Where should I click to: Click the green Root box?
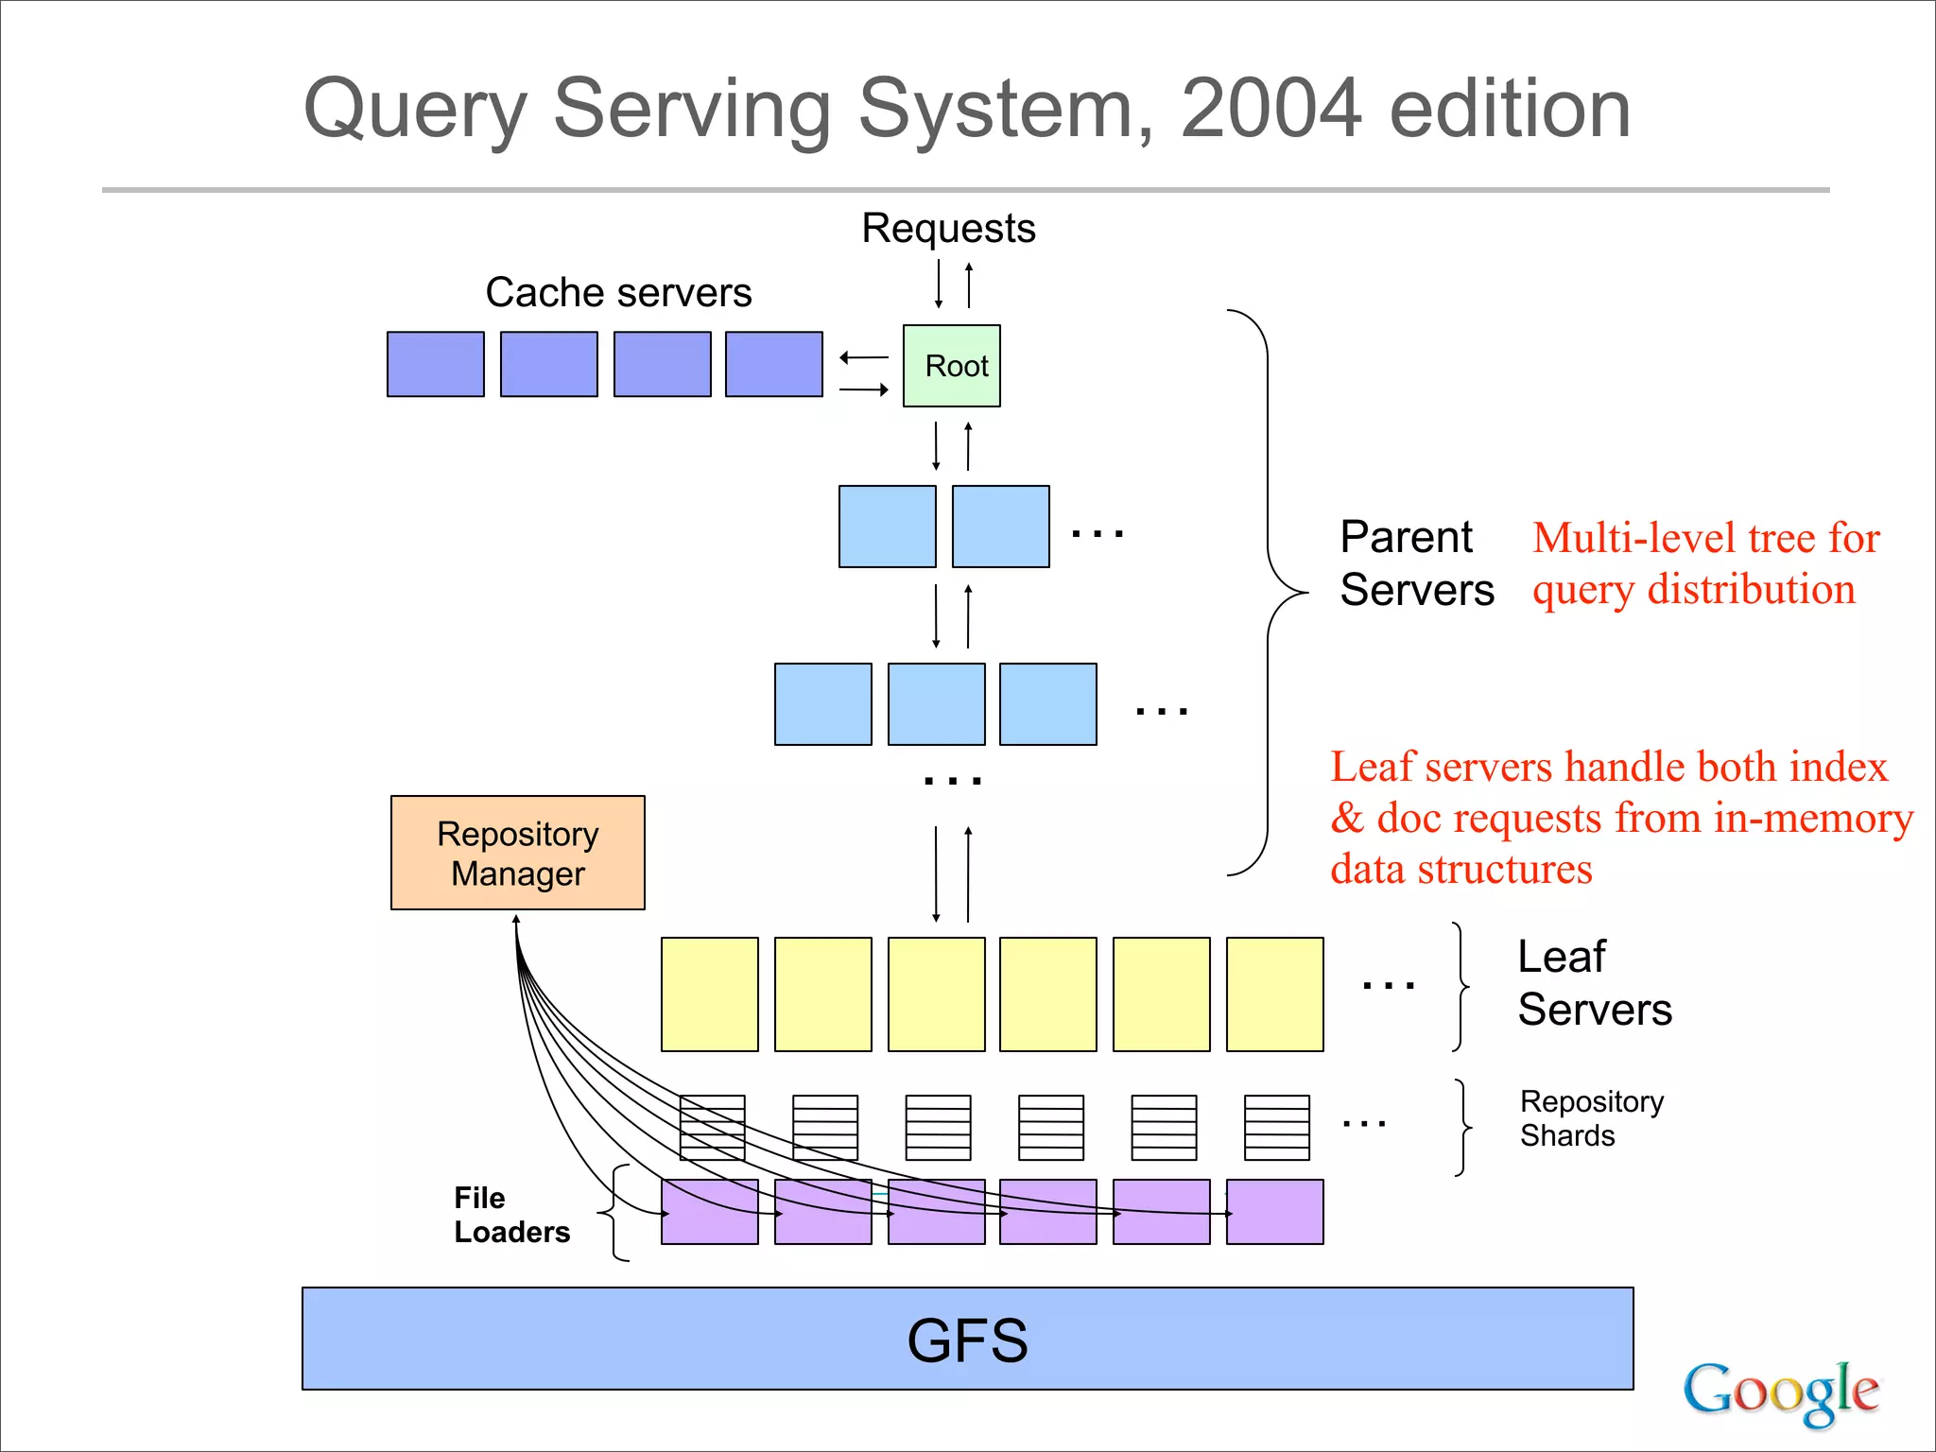tap(951, 366)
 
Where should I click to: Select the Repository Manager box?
tap(517, 853)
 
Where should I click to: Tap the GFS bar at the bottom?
tap(967, 1339)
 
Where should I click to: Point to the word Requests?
tap(948, 229)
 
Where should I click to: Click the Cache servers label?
tap(618, 292)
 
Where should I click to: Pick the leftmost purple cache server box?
tap(435, 364)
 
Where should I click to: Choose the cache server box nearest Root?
tap(773, 364)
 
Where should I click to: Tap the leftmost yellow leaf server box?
tap(709, 994)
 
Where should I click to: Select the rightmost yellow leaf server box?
tap(1274, 994)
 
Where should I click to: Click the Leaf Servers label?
tap(1594, 983)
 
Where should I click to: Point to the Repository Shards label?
tap(1591, 1118)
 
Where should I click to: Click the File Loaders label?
tap(510, 1215)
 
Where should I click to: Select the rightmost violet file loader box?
tap(1274, 1212)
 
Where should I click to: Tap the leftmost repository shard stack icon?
tap(712, 1128)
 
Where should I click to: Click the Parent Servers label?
tap(1415, 563)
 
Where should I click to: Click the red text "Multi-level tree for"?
tap(1705, 538)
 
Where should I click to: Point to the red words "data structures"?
tap(1461, 869)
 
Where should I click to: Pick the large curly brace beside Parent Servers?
tap(1268, 593)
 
